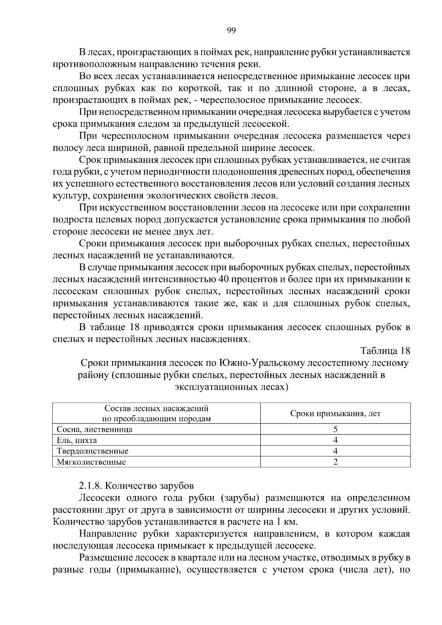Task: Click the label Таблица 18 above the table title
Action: [385, 350]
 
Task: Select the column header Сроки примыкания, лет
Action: [335, 413]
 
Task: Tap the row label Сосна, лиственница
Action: [94, 429]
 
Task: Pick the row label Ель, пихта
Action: [77, 440]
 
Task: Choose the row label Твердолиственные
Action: [92, 451]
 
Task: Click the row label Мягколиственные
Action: [91, 462]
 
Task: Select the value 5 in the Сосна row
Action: [335, 429]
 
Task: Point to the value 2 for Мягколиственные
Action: [335, 462]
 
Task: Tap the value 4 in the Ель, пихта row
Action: [335, 440]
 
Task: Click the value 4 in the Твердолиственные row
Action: [335, 451]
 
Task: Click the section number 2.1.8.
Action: [89, 485]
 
